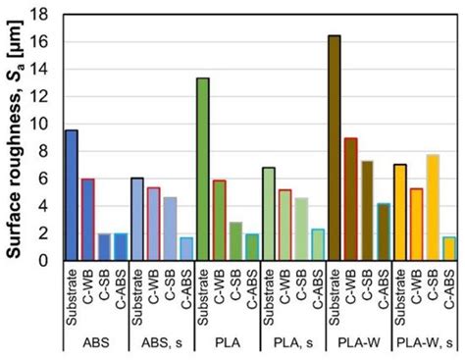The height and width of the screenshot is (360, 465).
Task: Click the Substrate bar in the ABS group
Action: click(71, 195)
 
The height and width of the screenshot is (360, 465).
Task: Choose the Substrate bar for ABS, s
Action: click(136, 219)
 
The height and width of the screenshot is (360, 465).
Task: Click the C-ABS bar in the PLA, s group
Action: click(318, 244)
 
